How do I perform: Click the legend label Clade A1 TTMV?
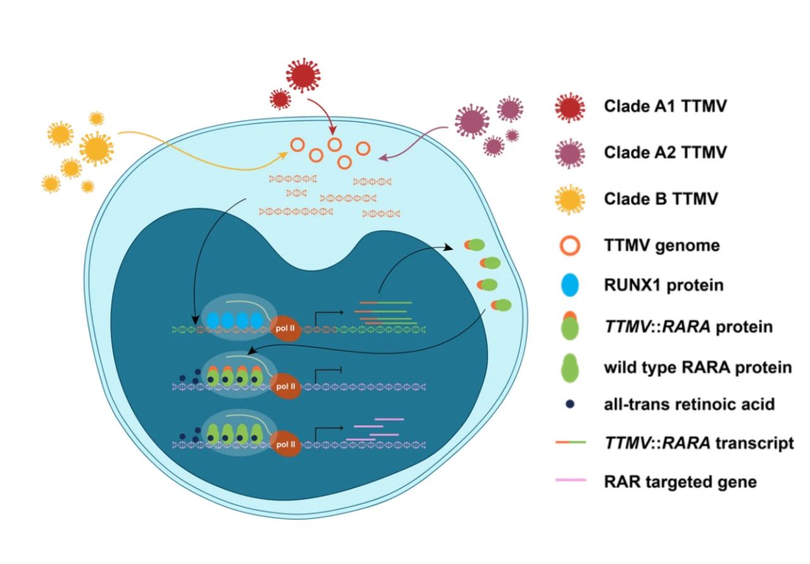tap(665, 106)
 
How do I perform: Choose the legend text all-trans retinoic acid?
tap(689, 404)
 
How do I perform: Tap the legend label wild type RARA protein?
tap(698, 367)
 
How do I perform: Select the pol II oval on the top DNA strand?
tap(288, 328)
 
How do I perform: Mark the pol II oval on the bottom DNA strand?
tap(288, 444)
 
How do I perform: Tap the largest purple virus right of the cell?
tap(472, 119)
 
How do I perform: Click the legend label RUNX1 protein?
tap(664, 286)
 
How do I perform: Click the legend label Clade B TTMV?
tap(661, 199)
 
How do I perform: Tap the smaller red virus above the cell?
tap(280, 99)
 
